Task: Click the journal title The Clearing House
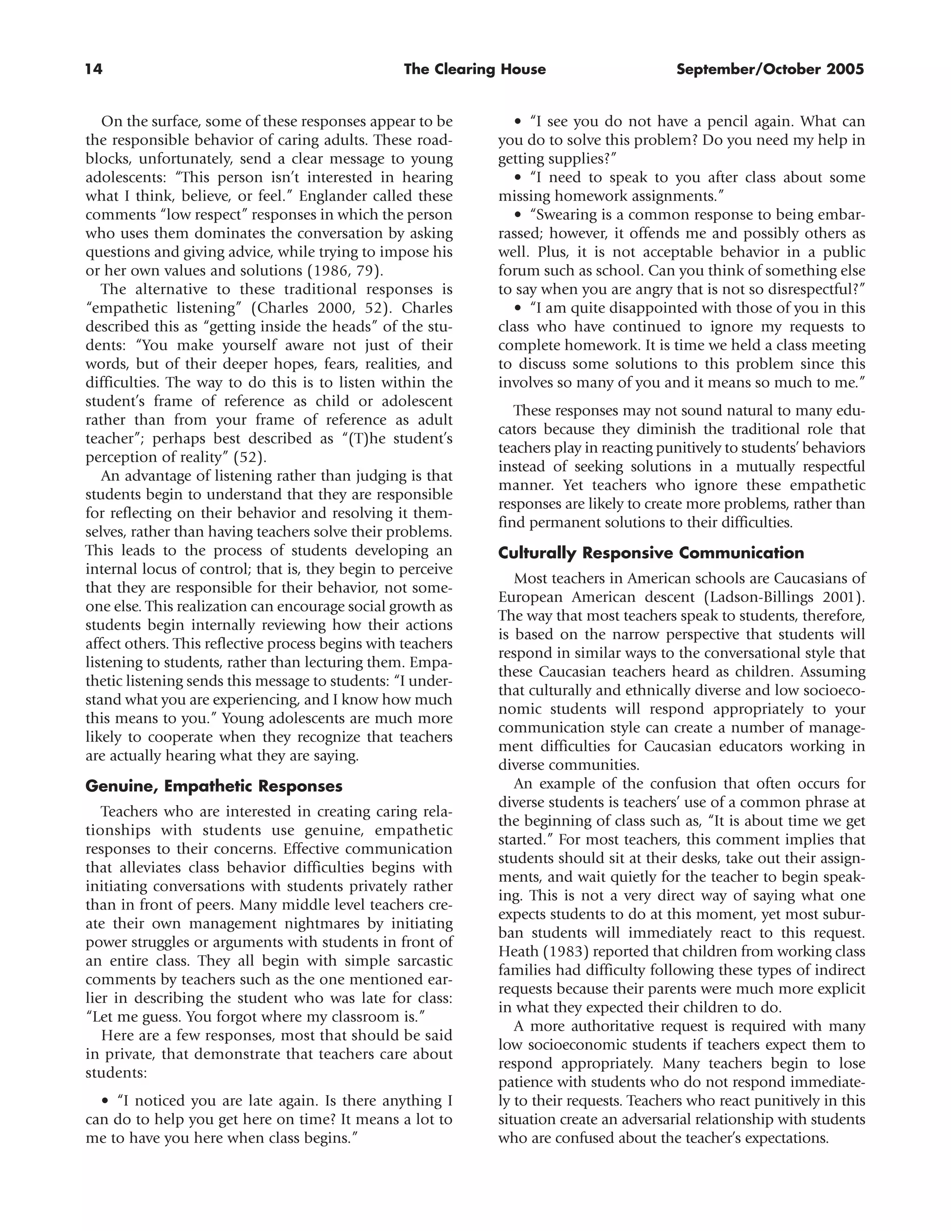(x=475, y=69)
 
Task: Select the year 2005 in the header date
(x=845, y=69)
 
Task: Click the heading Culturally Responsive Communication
(x=651, y=552)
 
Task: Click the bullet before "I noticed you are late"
(x=105, y=1101)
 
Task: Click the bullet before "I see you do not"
(x=518, y=122)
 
